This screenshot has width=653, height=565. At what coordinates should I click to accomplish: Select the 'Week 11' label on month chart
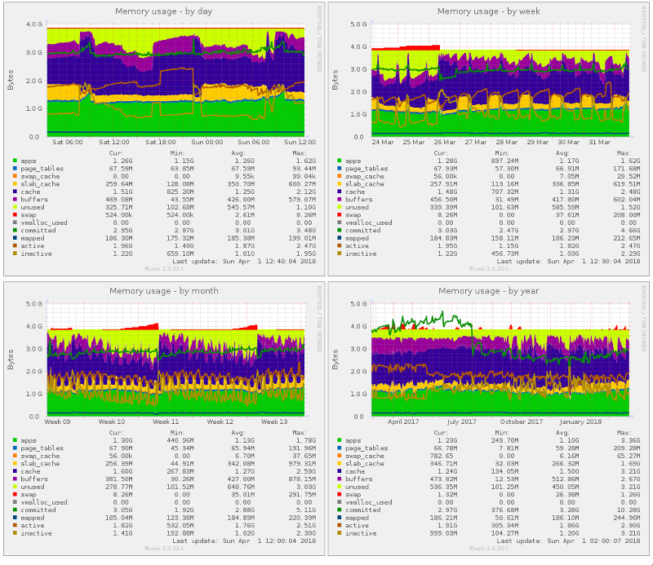167,422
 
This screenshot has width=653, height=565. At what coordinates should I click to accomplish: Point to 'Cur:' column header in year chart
441,432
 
